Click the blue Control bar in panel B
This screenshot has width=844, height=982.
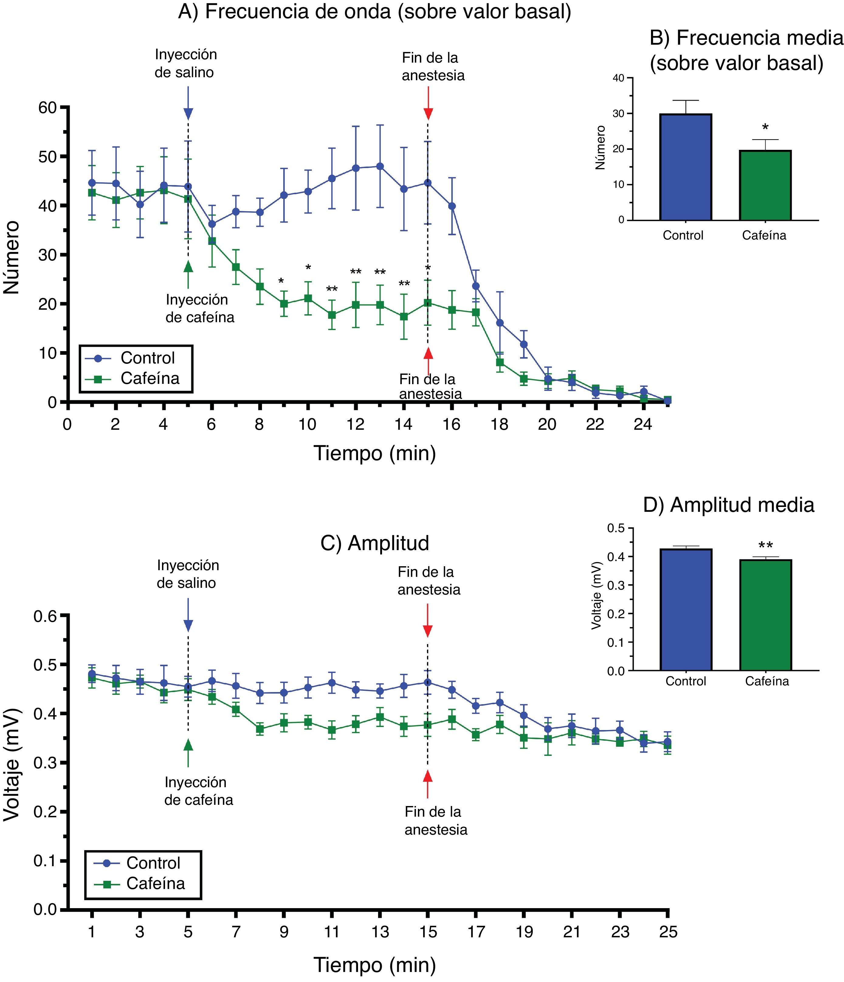(685, 167)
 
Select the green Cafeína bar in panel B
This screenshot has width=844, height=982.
(765, 185)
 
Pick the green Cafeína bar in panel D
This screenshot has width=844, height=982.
(765, 615)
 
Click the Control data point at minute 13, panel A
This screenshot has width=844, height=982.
(380, 166)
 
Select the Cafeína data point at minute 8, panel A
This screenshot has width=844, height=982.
(260, 287)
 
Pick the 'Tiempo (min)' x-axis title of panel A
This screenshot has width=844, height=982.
(374, 453)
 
